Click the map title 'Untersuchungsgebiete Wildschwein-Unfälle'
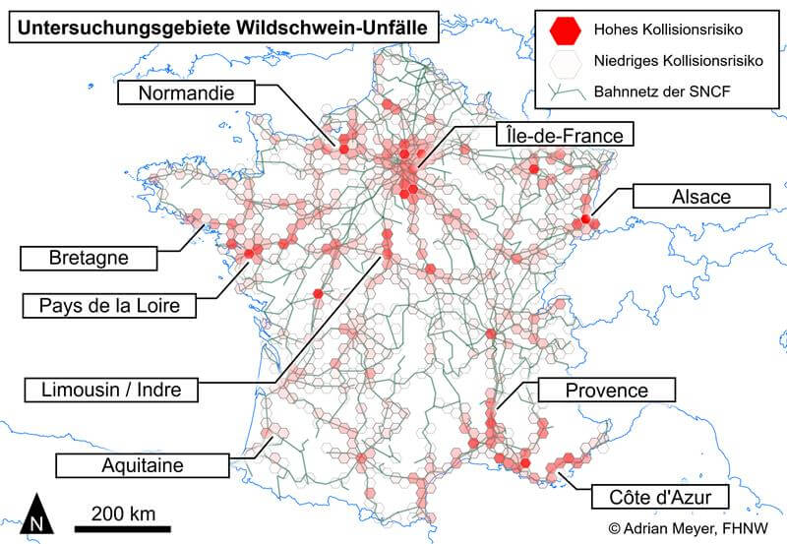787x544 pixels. [222, 29]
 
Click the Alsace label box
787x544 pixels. [699, 196]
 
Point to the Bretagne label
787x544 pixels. [89, 259]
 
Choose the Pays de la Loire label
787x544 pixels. [108, 306]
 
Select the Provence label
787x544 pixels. [606, 391]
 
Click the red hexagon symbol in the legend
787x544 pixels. [563, 30]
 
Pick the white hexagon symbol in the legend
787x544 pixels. [563, 62]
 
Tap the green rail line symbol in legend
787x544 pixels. [563, 93]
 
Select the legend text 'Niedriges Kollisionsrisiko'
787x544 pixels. [680, 62]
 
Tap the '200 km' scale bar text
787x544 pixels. [123, 513]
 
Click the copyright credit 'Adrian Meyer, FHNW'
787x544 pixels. [686, 527]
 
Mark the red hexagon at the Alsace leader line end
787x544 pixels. [586, 219]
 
